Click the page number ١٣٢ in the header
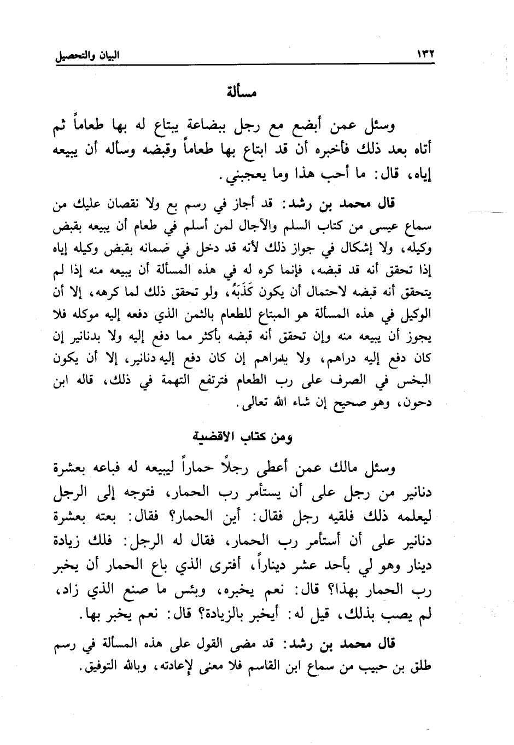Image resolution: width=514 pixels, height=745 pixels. [x=419, y=55]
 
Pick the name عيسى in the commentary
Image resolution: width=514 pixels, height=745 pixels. [x=376, y=224]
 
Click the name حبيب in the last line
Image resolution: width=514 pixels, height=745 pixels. [x=395, y=669]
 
